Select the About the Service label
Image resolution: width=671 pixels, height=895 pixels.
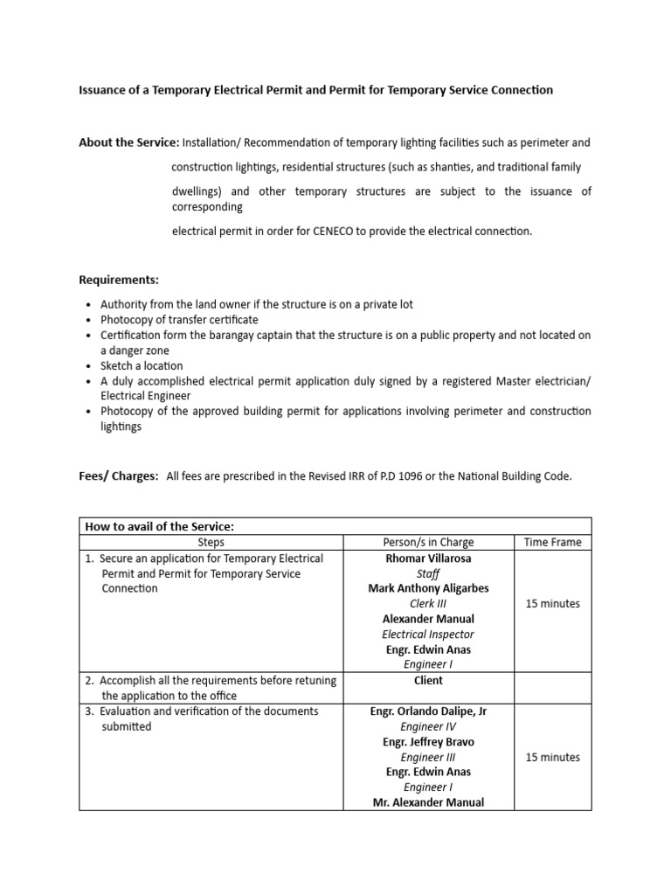click(128, 142)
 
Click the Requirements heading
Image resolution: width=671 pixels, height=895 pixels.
click(119, 280)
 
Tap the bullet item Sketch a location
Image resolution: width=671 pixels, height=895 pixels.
click(142, 365)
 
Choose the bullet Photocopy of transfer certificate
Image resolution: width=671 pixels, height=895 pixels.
click(179, 320)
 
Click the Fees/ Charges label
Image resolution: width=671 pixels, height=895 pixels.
click(119, 476)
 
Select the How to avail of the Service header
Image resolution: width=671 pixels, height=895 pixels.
click(160, 526)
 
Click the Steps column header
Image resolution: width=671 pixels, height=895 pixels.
click(211, 542)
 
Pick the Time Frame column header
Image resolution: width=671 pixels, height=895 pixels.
click(552, 542)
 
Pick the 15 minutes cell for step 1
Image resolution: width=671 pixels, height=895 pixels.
click(552, 604)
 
